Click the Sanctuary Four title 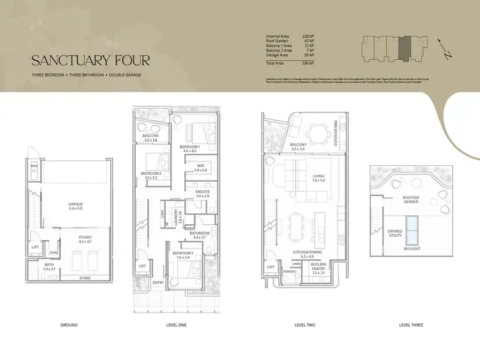coord(91,61)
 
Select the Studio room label coord(85,239)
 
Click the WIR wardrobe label coord(200,169)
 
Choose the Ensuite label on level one coord(202,193)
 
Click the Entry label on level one coord(158,282)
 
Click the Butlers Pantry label coord(319,265)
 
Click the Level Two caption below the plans coord(304,325)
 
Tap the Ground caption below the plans coord(68,325)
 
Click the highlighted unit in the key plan coord(404,49)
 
